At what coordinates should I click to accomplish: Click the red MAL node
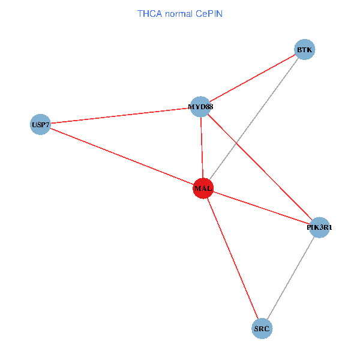[203, 188]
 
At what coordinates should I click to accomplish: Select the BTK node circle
[304, 50]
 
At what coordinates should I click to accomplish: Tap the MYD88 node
[200, 107]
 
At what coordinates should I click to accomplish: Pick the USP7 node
[40, 125]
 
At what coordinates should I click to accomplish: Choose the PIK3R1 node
[319, 227]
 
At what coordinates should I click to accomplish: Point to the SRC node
[262, 328]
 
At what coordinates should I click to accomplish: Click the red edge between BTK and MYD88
[252, 78]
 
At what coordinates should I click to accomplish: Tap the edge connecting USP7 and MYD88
[120, 116]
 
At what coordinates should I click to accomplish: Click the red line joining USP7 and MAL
[120, 156]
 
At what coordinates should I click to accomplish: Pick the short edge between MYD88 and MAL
[202, 147]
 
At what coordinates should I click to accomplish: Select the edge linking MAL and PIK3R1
[261, 208]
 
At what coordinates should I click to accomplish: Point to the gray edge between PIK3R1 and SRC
[290, 278]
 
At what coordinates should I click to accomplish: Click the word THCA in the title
[148, 13]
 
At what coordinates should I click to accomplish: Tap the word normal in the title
[179, 13]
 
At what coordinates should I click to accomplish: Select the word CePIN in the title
[209, 13]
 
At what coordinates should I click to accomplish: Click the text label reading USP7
[40, 125]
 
